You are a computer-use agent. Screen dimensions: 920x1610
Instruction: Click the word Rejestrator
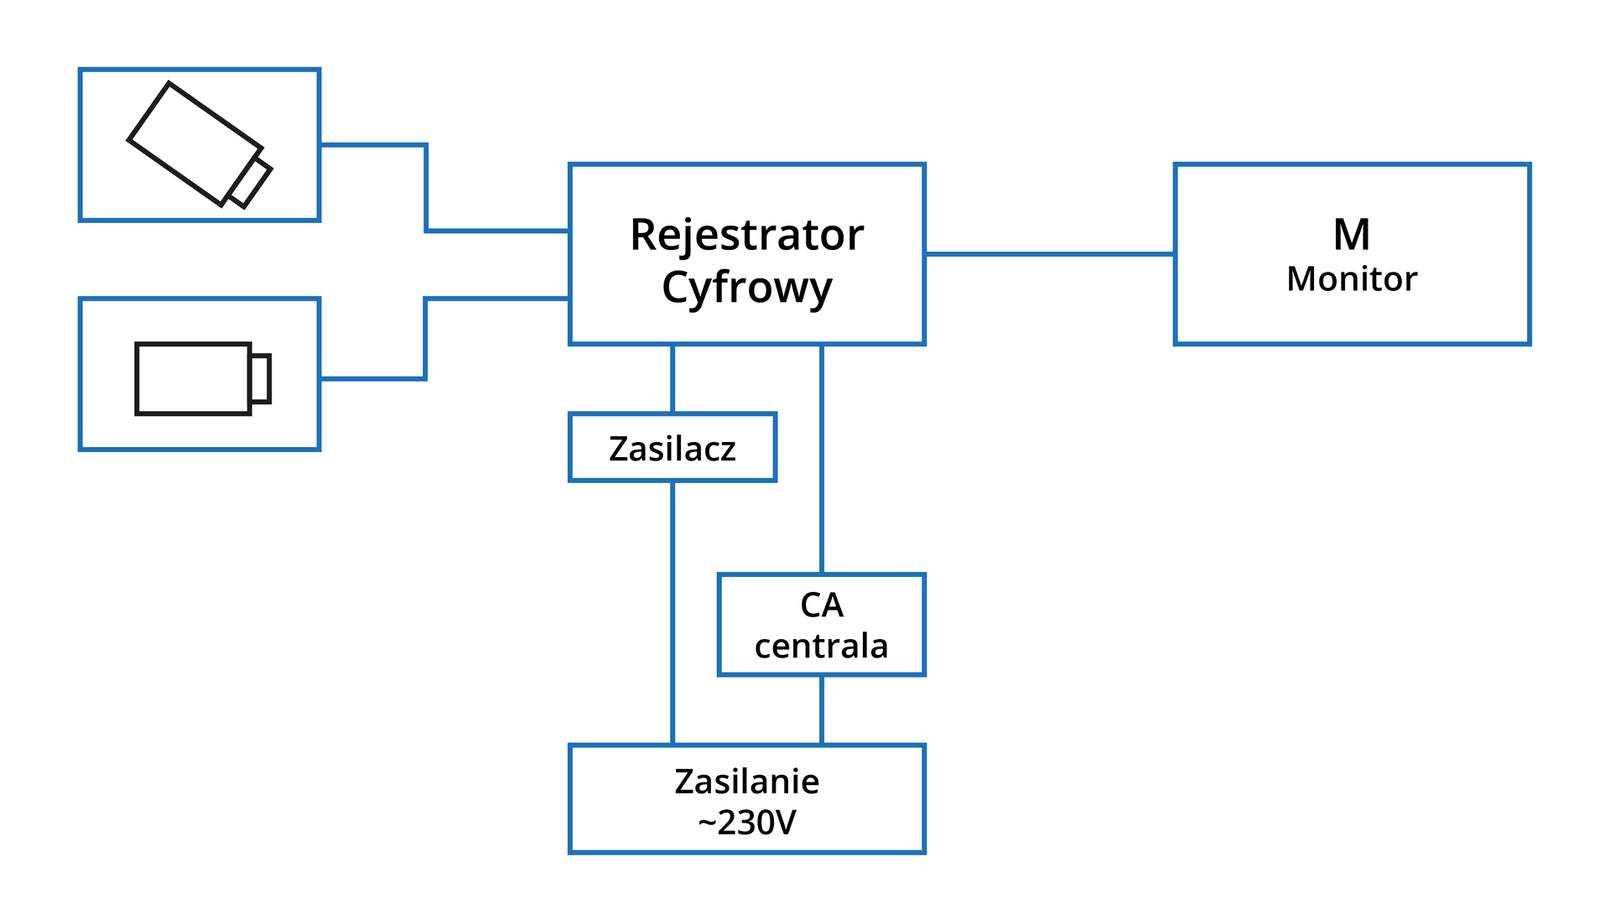tap(746, 235)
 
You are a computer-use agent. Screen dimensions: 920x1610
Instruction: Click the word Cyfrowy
tap(746, 288)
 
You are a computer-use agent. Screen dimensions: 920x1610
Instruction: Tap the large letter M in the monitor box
tap(1352, 235)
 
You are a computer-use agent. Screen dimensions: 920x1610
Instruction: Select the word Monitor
tap(1352, 279)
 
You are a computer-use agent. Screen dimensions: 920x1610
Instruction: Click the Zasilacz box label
tap(673, 449)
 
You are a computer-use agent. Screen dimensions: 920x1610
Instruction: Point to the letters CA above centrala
tap(821, 605)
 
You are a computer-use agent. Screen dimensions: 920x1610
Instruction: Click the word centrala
tap(821, 646)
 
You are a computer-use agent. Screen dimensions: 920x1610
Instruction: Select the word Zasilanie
tap(746, 782)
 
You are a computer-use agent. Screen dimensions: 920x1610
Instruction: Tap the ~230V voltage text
tap(746, 823)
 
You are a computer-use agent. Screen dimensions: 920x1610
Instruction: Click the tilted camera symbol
tap(195, 143)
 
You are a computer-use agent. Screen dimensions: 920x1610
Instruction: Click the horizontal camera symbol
tap(194, 378)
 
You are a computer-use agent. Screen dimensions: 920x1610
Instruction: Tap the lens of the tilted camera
tap(250, 182)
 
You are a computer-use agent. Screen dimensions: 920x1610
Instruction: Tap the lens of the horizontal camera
tap(260, 378)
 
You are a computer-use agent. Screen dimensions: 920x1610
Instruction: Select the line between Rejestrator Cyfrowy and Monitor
tap(1048, 253)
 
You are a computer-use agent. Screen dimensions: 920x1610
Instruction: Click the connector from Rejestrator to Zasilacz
tap(673, 378)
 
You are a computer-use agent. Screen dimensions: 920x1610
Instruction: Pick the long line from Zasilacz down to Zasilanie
tap(673, 612)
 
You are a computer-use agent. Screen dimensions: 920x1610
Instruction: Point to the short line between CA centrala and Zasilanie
tap(821, 709)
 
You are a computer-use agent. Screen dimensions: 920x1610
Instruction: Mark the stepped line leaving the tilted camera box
tap(426, 188)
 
